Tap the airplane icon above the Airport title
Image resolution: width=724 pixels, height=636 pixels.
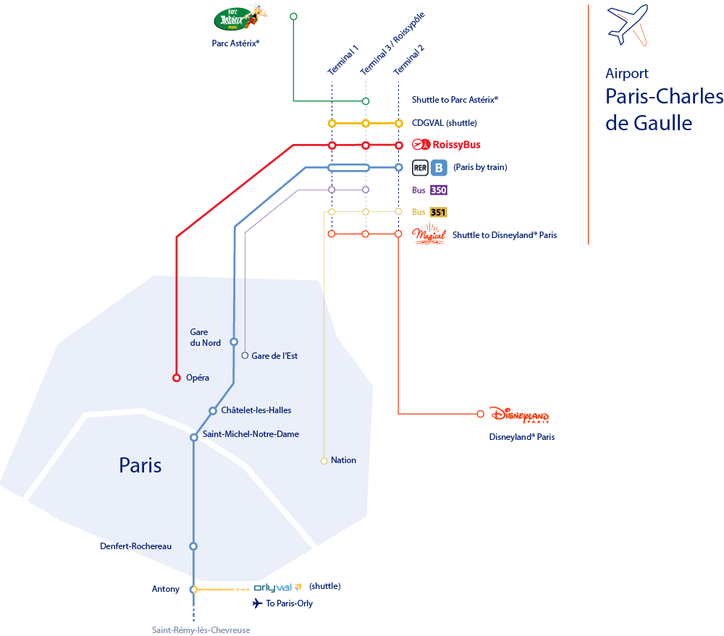click(x=628, y=25)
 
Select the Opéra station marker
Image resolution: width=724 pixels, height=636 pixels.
click(x=176, y=378)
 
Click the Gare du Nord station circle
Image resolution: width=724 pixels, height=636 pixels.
click(x=234, y=342)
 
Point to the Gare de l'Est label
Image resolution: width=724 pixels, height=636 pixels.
click(x=274, y=356)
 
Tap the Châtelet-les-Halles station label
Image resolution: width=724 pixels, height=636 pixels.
click(x=256, y=410)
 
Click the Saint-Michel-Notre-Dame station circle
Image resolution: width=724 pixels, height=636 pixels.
click(x=194, y=437)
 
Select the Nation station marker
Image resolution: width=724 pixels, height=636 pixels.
click(x=324, y=460)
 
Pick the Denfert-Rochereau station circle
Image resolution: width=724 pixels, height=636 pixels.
click(x=193, y=546)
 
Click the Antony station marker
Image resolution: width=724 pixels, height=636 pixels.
click(x=193, y=590)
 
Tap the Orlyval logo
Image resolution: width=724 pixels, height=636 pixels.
click(x=277, y=588)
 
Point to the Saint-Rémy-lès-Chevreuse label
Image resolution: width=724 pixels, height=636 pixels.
click(x=201, y=630)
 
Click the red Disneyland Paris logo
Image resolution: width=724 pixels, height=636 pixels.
click(x=519, y=415)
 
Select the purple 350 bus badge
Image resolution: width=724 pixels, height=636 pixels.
click(x=438, y=190)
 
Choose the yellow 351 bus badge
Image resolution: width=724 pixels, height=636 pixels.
click(x=438, y=212)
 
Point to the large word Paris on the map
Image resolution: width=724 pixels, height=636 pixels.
click(x=140, y=465)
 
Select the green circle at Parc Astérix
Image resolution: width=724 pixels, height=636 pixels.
click(x=293, y=16)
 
